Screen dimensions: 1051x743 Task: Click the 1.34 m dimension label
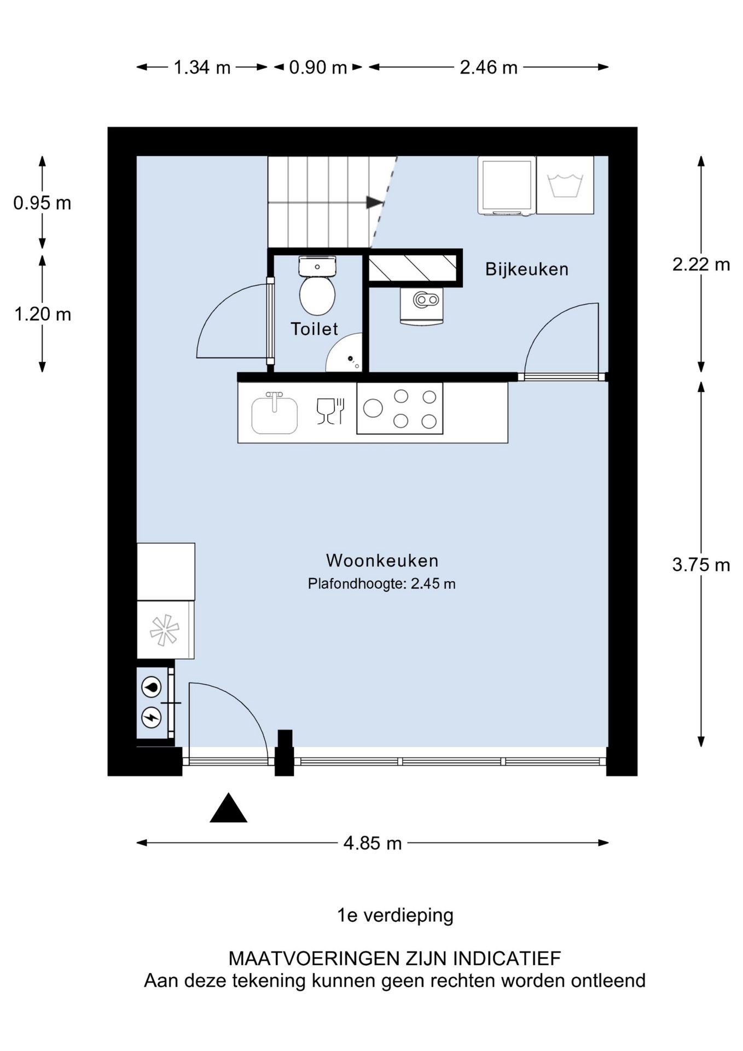202,67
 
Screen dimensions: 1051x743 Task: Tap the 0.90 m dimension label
318,67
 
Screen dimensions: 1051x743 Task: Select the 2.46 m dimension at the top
488,67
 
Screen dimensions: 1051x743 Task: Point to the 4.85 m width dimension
372,843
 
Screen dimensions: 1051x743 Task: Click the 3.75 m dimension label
701,564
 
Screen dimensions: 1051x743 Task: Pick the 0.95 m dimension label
42,203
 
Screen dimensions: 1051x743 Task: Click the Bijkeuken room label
526,269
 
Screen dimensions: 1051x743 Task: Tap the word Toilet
314,328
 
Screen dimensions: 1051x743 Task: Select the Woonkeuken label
382,560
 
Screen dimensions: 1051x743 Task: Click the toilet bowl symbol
317,294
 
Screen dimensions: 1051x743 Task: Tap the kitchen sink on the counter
275,414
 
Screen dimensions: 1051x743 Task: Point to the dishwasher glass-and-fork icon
330,411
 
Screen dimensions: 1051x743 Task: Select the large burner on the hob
373,408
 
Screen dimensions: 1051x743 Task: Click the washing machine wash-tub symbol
565,185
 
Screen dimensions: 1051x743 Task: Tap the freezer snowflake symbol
165,631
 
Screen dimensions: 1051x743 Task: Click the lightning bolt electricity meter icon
152,717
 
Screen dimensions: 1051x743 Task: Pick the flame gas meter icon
152,687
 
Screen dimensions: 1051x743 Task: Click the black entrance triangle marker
228,809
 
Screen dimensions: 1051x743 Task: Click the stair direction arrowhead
375,202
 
